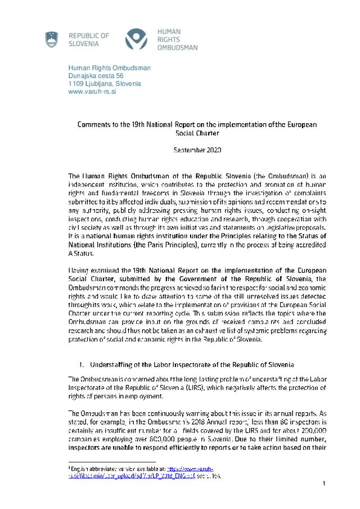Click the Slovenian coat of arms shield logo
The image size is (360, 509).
click(x=51, y=39)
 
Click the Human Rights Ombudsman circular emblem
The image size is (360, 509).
click(x=137, y=39)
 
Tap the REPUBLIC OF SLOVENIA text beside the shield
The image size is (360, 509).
click(x=88, y=39)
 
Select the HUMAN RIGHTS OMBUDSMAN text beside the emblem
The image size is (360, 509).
click(x=177, y=40)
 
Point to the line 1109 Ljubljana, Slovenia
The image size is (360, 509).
click(x=104, y=84)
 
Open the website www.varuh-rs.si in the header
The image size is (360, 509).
click(x=92, y=92)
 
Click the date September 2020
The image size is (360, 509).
click(x=197, y=150)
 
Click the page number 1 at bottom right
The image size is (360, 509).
click(x=325, y=484)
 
